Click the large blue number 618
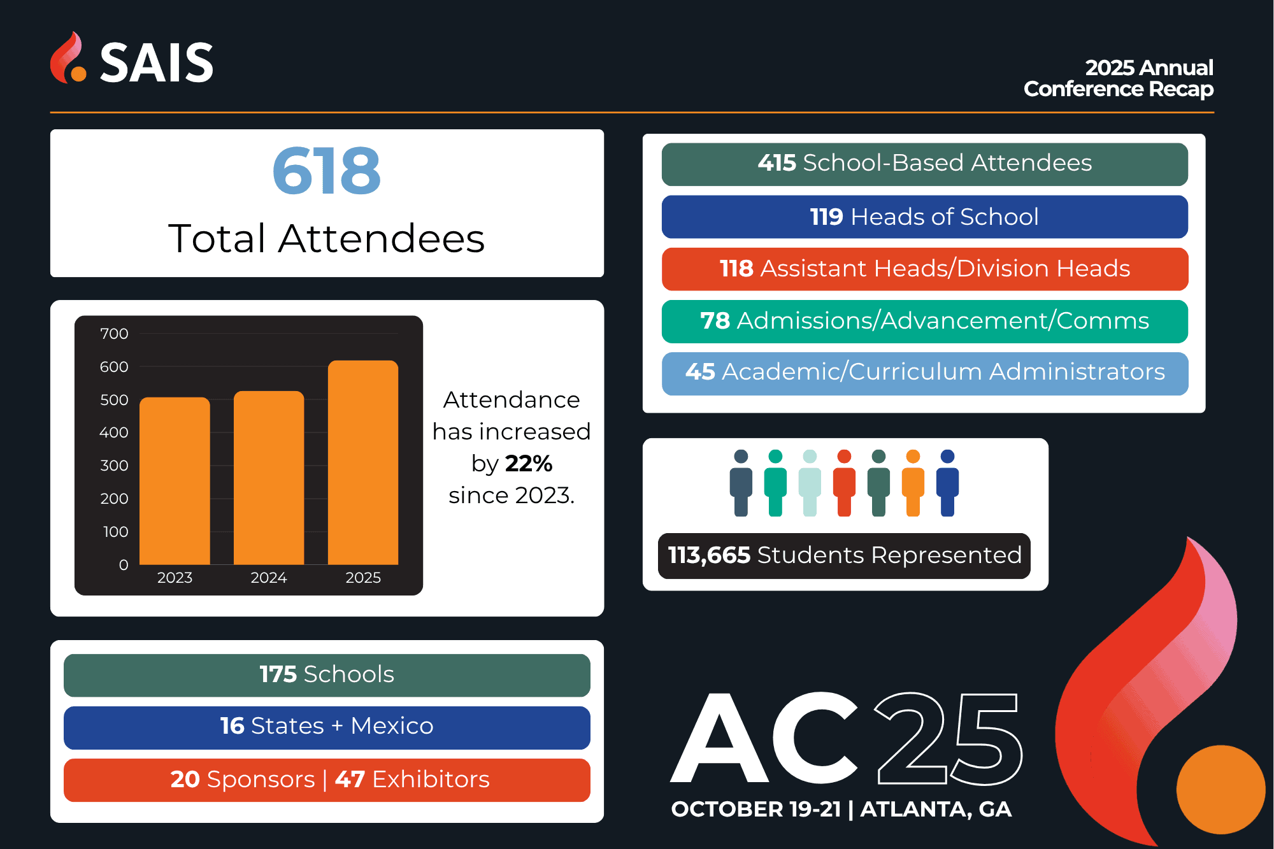(x=326, y=171)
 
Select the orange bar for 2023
(x=175, y=481)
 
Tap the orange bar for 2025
(x=363, y=462)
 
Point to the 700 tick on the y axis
(x=114, y=334)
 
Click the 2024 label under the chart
(x=268, y=578)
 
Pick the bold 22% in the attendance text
(x=529, y=463)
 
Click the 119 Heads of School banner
(x=924, y=217)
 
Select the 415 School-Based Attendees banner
(x=924, y=164)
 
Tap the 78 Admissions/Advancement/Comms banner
(x=924, y=321)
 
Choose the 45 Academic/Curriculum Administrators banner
(x=924, y=373)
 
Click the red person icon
(x=844, y=483)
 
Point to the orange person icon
(x=913, y=483)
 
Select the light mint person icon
(x=810, y=483)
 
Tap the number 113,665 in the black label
(x=709, y=555)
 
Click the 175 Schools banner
(x=327, y=675)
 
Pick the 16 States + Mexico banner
(x=327, y=727)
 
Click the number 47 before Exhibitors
(x=350, y=779)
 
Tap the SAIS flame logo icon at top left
(x=68, y=58)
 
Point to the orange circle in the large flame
(x=1220, y=790)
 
